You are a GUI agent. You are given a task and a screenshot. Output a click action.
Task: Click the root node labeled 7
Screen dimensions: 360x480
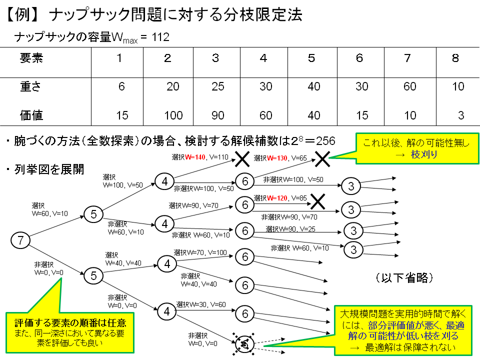[x=20, y=240]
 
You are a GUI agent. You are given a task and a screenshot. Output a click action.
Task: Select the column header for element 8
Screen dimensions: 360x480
[x=455, y=58]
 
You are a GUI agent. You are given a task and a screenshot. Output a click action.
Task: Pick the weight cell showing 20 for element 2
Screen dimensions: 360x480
[x=172, y=87]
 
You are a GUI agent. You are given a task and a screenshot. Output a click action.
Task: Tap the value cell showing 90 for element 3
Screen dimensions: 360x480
[x=217, y=116]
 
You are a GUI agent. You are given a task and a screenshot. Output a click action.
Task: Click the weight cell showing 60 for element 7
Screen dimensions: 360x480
[x=409, y=87]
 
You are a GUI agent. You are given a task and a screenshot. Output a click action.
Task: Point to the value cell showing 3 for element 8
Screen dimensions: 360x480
[x=460, y=116]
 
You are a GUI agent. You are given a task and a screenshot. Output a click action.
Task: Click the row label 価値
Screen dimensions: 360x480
[x=31, y=116]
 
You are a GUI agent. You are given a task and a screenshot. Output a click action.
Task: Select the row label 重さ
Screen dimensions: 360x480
[x=30, y=87]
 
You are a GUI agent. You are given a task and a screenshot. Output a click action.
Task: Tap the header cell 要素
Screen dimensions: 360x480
[x=31, y=58]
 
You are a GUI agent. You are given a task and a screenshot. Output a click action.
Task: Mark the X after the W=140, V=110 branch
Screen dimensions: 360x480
[x=242, y=159]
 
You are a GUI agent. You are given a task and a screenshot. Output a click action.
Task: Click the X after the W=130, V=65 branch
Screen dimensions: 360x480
[x=322, y=159]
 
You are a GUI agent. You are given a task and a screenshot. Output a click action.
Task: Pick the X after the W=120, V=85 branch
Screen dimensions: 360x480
[x=317, y=201]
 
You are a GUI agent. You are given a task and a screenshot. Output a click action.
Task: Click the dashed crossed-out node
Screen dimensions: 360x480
[x=245, y=343]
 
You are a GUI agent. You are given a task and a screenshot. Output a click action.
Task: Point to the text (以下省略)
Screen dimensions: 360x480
[x=403, y=277]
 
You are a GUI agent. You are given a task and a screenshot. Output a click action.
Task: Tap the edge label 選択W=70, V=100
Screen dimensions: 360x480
[x=199, y=252]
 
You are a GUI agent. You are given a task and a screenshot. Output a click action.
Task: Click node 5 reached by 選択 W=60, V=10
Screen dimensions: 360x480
[x=93, y=214]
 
